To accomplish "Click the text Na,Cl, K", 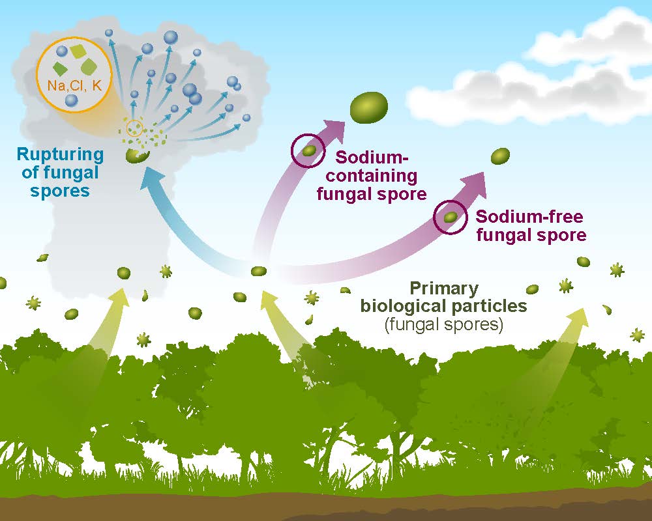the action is (x=74, y=85).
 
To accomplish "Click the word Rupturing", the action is (x=60, y=155).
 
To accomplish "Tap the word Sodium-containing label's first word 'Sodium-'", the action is (x=372, y=158).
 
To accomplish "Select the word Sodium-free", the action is (x=529, y=217).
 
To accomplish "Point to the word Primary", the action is (x=444, y=289).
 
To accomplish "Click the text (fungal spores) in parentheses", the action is (x=443, y=324).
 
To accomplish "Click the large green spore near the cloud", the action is (x=369, y=107).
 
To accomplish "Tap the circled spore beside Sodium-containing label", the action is (x=308, y=151).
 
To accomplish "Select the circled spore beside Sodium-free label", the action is (x=451, y=218).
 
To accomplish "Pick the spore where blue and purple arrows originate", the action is (x=259, y=272).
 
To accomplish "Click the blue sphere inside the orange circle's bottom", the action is (x=72, y=100).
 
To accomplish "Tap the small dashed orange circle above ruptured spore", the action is (x=134, y=128).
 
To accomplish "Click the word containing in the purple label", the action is (x=372, y=176).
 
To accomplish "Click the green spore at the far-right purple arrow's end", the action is (x=500, y=156).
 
